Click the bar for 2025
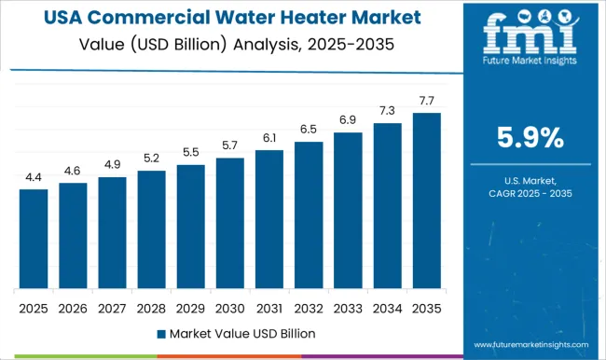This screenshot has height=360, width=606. (34, 239)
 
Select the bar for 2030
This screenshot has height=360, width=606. (229, 223)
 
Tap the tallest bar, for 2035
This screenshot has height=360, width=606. (426, 201)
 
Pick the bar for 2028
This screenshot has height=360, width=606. (151, 229)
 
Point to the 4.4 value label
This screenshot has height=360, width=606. (34, 177)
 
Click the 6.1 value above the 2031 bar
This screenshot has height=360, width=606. (269, 138)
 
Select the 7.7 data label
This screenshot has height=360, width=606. (426, 100)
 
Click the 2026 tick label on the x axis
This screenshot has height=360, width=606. (73, 307)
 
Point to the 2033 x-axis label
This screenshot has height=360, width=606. (348, 307)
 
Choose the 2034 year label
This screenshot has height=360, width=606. (387, 307)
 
